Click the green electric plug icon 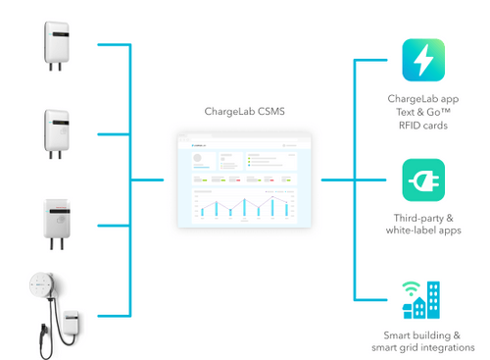[423, 180]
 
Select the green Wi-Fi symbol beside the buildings [408, 289]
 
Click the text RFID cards [423, 124]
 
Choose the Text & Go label [423, 111]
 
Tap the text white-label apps [423, 231]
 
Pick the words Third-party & [423, 219]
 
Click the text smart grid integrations [422, 347]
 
